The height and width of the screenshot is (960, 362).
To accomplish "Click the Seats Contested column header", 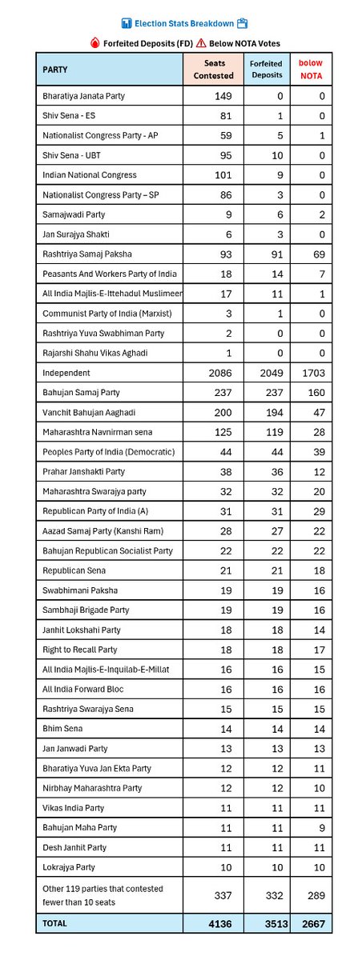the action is tap(214, 69).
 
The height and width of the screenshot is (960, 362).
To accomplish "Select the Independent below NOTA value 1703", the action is tap(311, 374).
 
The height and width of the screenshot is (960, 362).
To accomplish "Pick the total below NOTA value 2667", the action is tap(311, 922).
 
